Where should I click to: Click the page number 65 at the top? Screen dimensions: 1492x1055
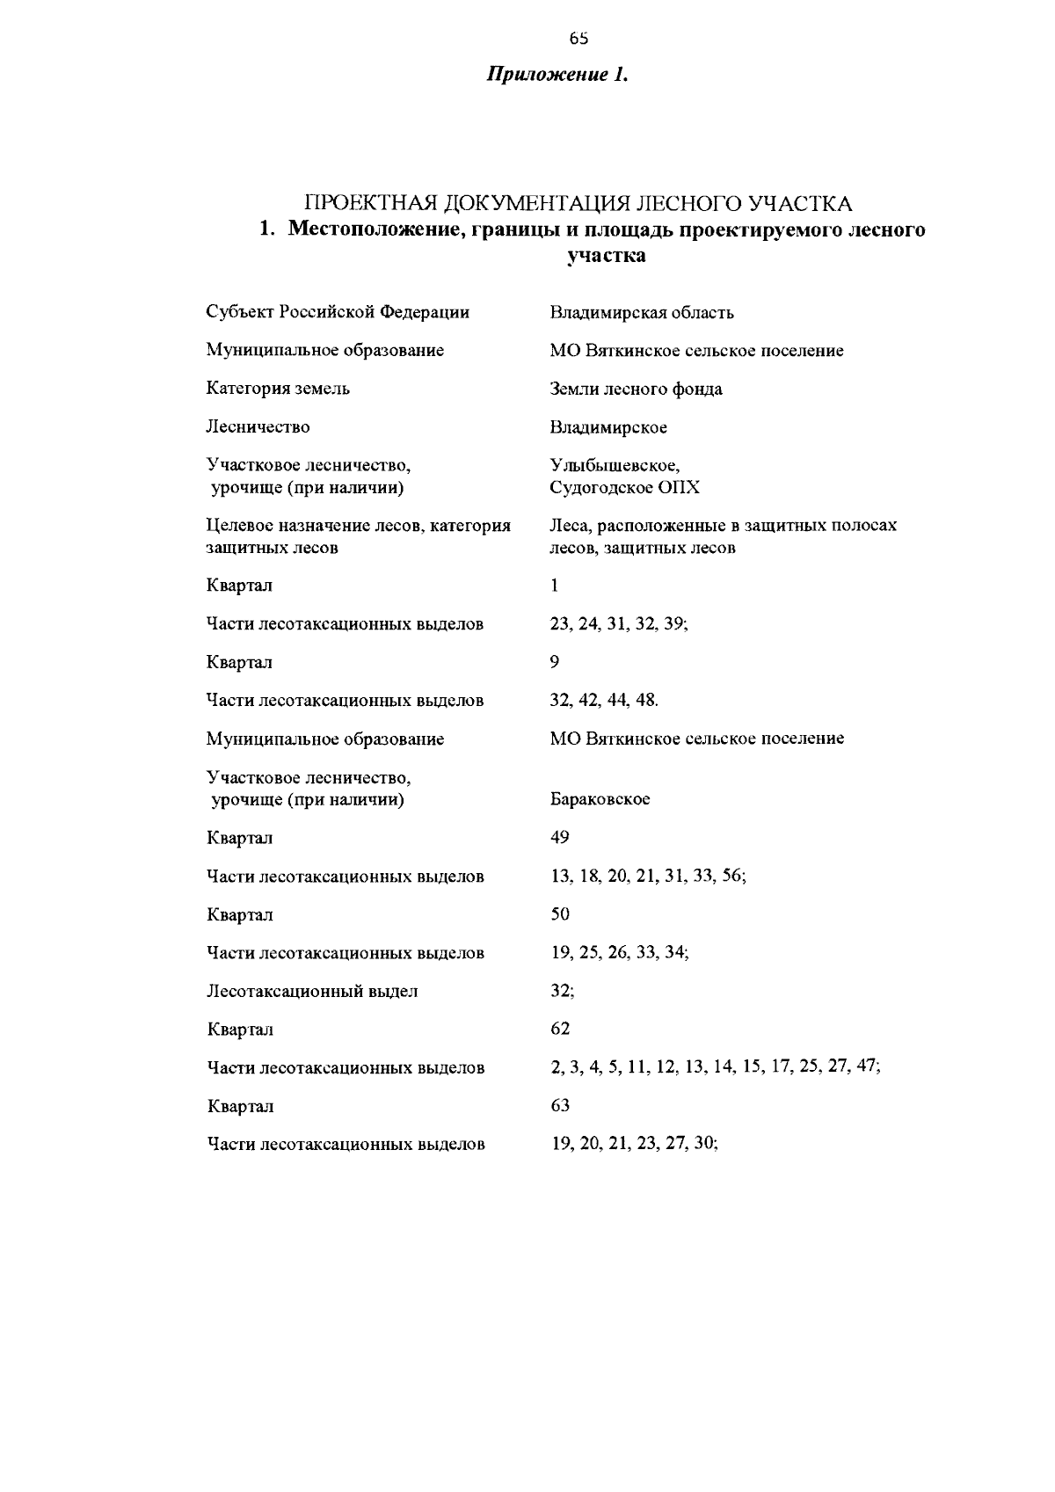click(x=578, y=38)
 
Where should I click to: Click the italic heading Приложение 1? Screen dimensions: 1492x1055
click(x=558, y=75)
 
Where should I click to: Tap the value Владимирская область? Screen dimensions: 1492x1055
click(x=642, y=312)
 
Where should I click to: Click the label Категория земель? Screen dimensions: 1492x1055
click(x=278, y=389)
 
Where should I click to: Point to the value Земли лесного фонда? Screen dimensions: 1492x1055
click(x=636, y=389)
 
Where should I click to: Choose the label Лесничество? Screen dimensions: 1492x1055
click(x=258, y=427)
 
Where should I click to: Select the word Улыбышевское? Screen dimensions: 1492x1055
click(x=615, y=465)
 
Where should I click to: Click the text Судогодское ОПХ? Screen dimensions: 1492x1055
click(x=624, y=488)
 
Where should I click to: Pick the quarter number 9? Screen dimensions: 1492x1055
click(x=555, y=661)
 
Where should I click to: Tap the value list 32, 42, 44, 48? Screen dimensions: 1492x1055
click(x=604, y=701)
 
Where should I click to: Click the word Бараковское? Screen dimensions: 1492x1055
click(x=600, y=800)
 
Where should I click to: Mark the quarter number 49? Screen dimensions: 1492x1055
click(x=560, y=837)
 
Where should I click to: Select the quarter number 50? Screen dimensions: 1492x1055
click(x=560, y=914)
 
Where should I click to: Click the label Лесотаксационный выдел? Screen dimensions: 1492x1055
click(x=312, y=992)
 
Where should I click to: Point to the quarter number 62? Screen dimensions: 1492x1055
click(x=560, y=1029)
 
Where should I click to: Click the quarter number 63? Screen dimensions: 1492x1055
click(x=560, y=1105)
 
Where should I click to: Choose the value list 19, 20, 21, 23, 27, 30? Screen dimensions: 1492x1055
click(x=634, y=1144)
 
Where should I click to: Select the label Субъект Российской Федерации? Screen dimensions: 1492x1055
click(x=338, y=312)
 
